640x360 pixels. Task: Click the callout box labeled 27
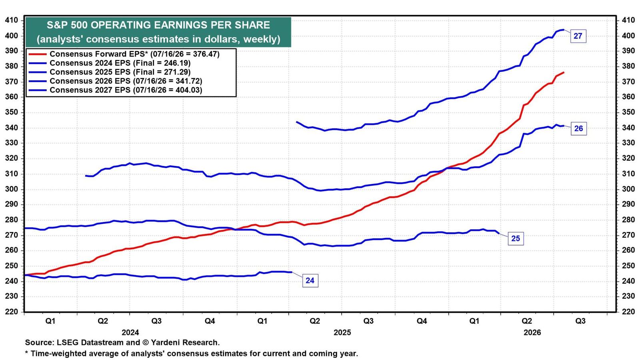578,36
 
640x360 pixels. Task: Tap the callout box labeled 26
578,128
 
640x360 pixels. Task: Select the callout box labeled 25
516,238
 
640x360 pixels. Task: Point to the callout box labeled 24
310,280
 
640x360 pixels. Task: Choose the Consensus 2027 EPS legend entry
116,90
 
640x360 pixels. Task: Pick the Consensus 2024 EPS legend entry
110,63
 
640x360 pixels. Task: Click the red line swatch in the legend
38,54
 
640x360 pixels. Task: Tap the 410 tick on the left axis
12,20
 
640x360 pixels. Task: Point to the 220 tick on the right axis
628,312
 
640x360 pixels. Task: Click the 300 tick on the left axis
12,189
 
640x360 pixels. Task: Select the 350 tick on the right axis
628,112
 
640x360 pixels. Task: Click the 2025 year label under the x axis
342,332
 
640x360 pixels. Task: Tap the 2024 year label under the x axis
130,332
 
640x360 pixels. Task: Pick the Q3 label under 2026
580,321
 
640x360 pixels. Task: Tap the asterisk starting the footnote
26,353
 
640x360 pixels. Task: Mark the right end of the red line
564,72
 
